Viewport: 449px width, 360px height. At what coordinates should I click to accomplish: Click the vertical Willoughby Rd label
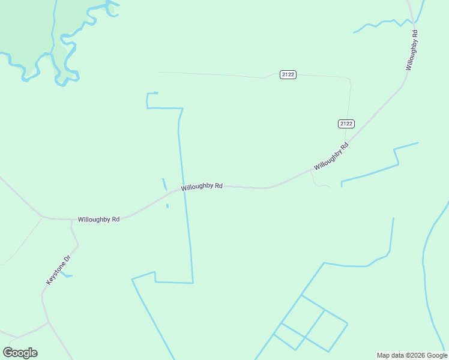coord(411,49)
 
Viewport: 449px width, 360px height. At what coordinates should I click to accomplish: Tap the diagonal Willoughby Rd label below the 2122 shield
coord(331,156)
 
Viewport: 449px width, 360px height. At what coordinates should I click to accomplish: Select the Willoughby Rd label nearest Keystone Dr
coord(98,220)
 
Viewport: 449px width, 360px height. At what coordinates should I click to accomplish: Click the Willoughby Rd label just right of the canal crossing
coord(202,187)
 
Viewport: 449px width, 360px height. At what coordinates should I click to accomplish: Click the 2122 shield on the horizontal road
coord(288,74)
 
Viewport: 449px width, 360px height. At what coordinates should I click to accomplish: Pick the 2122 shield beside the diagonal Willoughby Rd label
coord(346,124)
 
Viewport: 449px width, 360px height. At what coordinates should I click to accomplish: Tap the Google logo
coord(20,353)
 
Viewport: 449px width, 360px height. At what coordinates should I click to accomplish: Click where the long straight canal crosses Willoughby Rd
coord(183,189)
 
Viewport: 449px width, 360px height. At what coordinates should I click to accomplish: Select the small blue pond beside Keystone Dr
coord(67,275)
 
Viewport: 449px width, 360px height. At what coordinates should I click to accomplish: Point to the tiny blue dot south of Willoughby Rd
coord(167,206)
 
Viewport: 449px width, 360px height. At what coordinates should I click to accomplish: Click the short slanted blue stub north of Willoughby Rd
coord(164,184)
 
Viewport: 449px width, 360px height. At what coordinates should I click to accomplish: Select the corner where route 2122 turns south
coord(349,79)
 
